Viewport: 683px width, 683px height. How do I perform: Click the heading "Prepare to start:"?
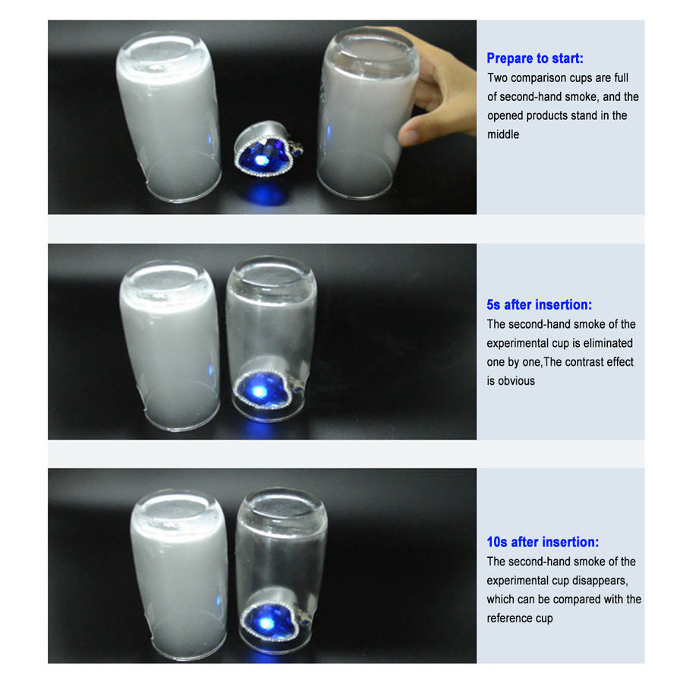pos(534,58)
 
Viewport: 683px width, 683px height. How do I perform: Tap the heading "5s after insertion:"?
pos(539,304)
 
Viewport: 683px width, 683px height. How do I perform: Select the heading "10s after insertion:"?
pos(543,542)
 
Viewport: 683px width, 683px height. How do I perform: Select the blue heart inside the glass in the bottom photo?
pos(272,618)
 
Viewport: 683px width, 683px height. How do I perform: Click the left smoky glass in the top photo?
pos(168,117)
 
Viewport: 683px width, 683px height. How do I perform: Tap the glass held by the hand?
pos(366,113)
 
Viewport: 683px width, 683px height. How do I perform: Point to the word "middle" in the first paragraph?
pos(503,134)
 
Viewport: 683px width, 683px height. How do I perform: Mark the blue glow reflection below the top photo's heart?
pos(265,194)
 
